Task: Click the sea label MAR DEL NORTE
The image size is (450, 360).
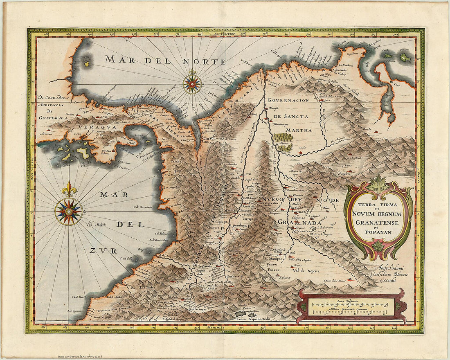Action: coord(165,61)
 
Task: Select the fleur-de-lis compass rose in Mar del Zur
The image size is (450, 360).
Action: coord(69,211)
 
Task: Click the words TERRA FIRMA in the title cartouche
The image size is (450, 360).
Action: coord(378,206)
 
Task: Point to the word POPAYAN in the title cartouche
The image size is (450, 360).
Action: coord(378,232)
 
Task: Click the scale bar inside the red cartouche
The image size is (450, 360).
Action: coord(351,307)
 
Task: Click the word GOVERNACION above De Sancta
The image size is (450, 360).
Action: coord(288,100)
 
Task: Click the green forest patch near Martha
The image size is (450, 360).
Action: coord(283,141)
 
